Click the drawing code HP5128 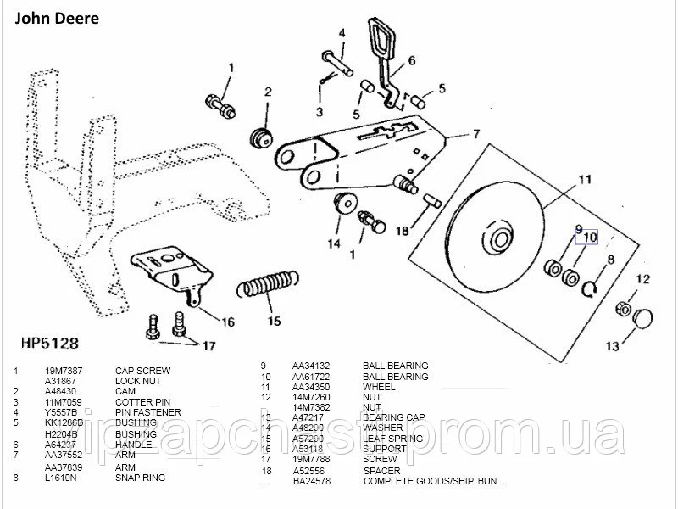(x=47, y=344)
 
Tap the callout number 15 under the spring (x=274, y=321)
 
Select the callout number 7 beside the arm (x=476, y=134)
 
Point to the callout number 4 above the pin (x=342, y=33)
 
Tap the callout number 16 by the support (x=228, y=322)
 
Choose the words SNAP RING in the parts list (x=139, y=478)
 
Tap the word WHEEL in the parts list (x=378, y=386)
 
